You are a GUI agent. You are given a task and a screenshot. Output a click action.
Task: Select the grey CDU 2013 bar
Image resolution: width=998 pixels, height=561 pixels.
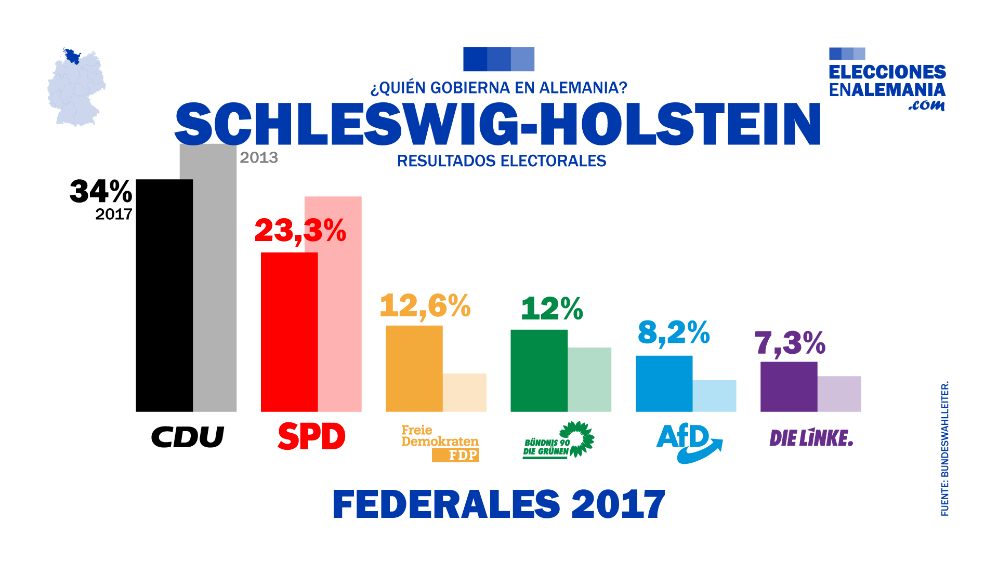(215, 280)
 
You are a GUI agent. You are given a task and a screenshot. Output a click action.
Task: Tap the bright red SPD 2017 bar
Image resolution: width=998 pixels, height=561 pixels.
(289, 332)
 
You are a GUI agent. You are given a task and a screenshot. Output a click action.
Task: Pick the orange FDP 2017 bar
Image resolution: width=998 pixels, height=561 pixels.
(414, 369)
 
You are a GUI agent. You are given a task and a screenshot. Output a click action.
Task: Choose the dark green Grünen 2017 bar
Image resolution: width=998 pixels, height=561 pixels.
(539, 371)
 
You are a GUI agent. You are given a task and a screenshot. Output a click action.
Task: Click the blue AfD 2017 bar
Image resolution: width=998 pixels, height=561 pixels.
(664, 384)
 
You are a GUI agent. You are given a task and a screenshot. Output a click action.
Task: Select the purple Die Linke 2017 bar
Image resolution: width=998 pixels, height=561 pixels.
(789, 387)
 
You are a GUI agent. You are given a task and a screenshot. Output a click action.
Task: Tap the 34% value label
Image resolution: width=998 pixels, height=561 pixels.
(101, 191)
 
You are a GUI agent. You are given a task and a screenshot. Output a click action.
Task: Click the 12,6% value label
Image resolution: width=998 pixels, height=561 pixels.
(425, 305)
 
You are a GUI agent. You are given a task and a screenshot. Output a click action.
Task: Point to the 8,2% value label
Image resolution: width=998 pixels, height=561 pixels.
(674, 332)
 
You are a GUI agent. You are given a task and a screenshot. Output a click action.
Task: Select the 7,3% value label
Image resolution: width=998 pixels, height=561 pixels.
(790, 343)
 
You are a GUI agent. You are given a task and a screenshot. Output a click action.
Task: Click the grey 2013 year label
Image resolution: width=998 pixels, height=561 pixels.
(259, 157)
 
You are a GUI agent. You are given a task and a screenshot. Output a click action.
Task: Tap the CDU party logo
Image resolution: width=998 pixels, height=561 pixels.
(187, 437)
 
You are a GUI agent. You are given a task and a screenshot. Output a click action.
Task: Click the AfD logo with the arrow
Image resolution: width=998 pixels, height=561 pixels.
(688, 443)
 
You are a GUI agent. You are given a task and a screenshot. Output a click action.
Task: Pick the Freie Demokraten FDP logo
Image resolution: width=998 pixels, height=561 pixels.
(440, 443)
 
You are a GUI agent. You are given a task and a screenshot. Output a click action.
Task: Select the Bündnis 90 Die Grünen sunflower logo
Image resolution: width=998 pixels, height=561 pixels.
(558, 440)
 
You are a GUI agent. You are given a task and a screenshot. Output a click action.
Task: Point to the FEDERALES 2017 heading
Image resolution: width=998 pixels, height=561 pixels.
(498, 504)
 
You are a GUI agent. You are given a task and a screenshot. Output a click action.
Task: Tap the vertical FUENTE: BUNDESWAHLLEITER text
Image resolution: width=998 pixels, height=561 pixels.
(945, 449)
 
